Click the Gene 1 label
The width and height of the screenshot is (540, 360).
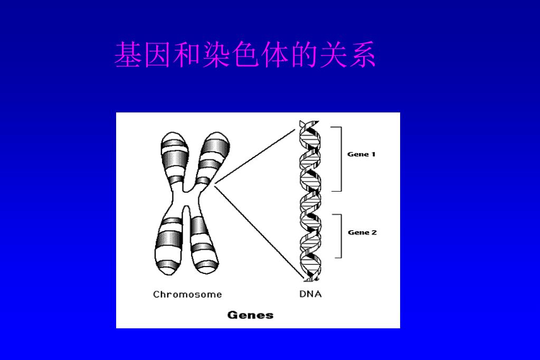click(x=362, y=155)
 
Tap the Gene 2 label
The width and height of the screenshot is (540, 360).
click(x=362, y=233)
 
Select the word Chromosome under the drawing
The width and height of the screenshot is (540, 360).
click(x=187, y=295)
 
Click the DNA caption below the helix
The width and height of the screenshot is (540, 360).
click(x=310, y=294)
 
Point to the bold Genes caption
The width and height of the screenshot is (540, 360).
click(x=250, y=315)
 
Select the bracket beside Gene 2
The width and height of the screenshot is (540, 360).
click(x=340, y=235)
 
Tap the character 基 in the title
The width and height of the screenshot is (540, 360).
click(x=129, y=55)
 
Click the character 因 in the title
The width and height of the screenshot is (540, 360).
click(x=158, y=55)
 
